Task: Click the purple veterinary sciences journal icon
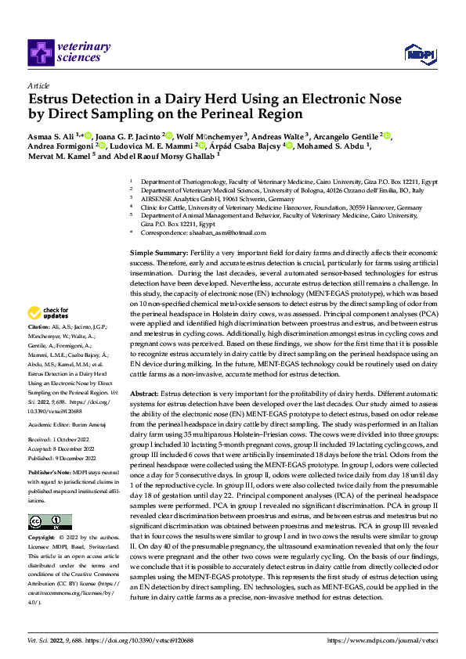pyautogui.click(x=41, y=52)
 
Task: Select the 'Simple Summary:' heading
pyautogui.click(x=158, y=254)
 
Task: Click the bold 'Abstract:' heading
pyautogui.click(x=146, y=393)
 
